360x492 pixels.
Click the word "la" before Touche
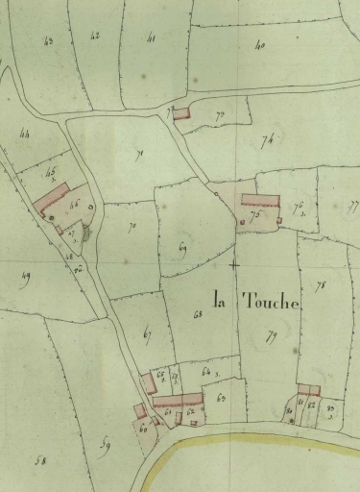(222, 299)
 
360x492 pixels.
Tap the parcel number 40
(259, 45)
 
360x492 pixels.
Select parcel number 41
(151, 38)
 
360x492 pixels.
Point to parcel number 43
(49, 39)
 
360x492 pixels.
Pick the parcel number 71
(139, 154)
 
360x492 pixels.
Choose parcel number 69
(182, 249)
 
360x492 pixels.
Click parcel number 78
(320, 285)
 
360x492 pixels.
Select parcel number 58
(41, 461)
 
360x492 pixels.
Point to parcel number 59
(105, 444)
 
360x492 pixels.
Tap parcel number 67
(148, 333)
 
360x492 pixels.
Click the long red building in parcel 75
(259, 201)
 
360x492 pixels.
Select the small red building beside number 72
(180, 112)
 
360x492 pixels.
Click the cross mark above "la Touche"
(233, 262)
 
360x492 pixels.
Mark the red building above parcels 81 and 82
(308, 389)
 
